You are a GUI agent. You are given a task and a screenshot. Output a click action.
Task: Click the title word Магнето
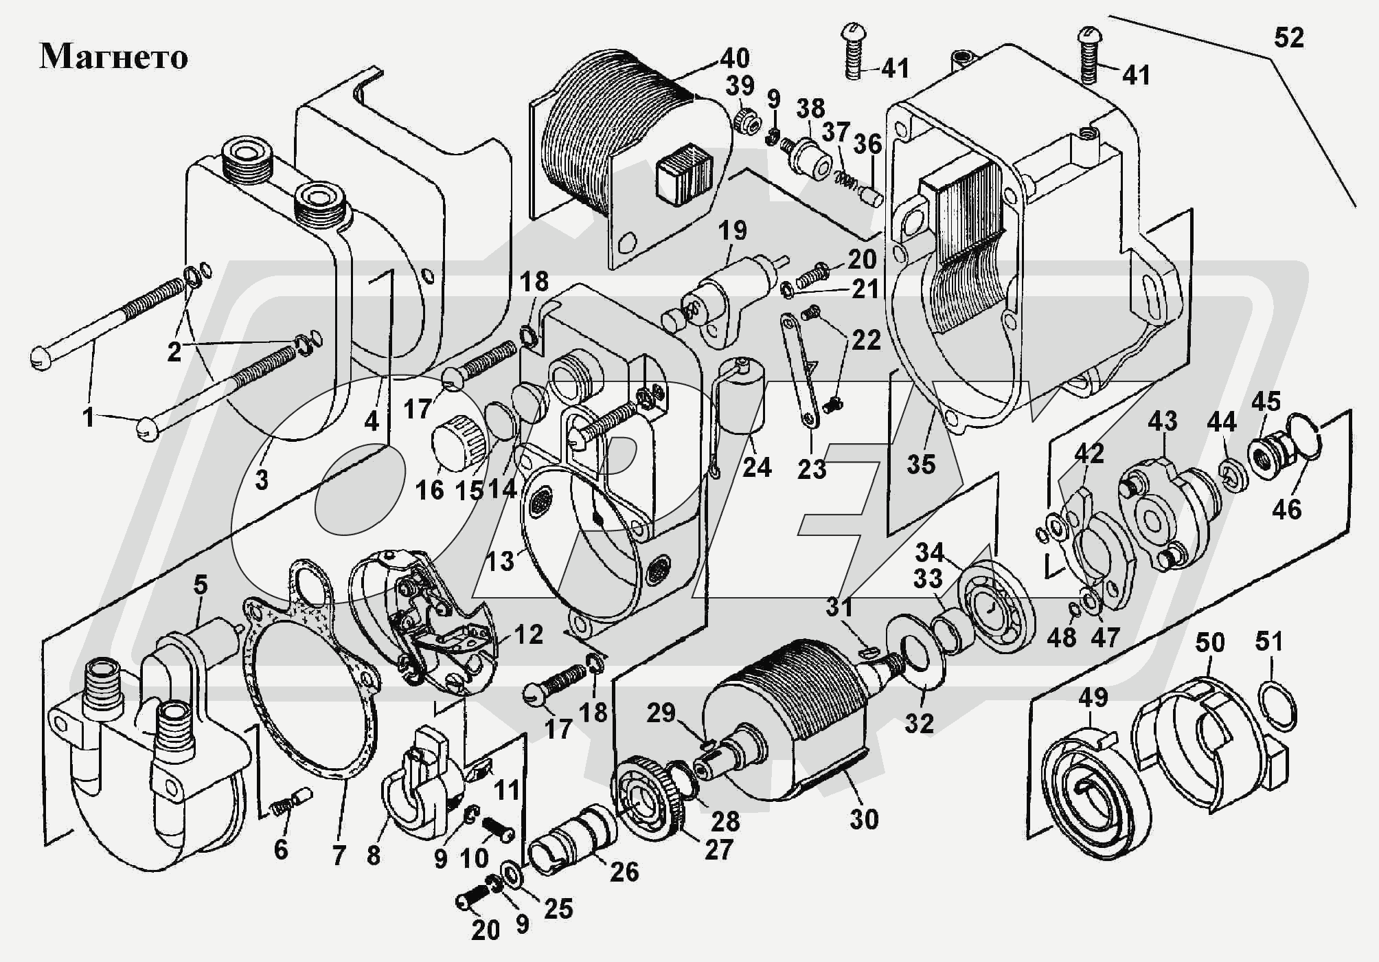coord(114,57)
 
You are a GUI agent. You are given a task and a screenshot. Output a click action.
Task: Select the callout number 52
coord(1288,38)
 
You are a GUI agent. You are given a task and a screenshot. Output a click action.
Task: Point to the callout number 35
coord(921,464)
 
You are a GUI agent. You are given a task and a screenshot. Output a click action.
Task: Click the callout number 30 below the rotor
coord(864,819)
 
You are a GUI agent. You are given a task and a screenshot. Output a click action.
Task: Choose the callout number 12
coord(528,634)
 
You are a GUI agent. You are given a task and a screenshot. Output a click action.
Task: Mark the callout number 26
coord(624,872)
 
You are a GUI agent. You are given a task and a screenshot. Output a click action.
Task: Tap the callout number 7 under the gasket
coord(339,855)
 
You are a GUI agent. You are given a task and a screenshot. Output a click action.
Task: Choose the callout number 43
coord(1163,421)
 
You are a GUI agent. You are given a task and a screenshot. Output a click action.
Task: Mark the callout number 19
coord(733,230)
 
